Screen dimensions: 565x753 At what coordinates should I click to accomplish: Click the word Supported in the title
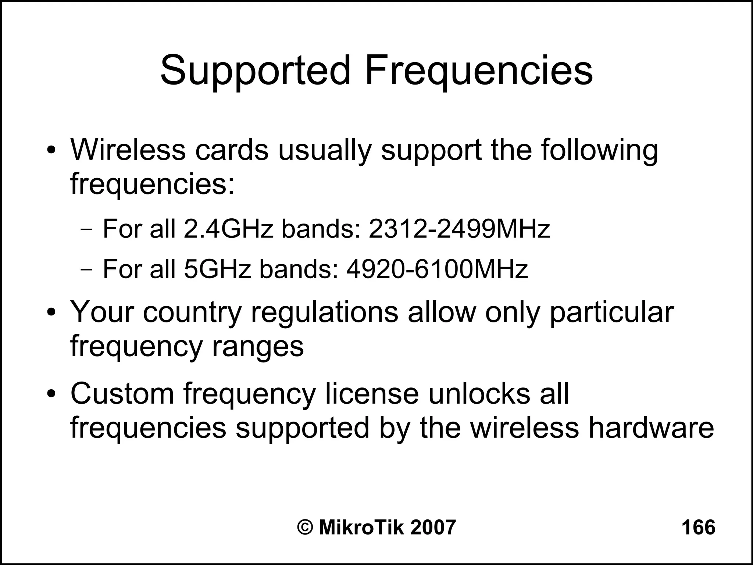point(255,71)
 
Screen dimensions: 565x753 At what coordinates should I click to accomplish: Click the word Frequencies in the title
point(478,71)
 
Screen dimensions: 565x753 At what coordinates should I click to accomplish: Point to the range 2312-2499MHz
point(459,229)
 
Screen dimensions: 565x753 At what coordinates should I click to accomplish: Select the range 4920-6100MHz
point(437,269)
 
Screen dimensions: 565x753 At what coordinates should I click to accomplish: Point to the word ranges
point(257,347)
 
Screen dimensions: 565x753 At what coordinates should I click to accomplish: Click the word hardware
point(651,428)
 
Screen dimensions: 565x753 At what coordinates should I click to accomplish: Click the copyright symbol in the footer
point(305,527)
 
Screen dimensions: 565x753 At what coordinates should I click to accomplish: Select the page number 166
point(698,527)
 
